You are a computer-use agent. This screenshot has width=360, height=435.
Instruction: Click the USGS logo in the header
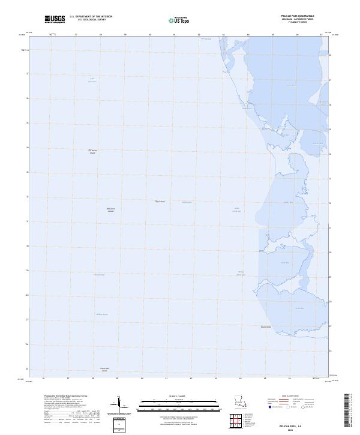[55, 19]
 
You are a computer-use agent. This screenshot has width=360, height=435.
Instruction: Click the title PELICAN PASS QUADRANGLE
[309, 16]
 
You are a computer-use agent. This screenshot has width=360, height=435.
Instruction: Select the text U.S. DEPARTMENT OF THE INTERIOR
[91, 17]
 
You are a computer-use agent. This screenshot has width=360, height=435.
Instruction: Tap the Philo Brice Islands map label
[110, 210]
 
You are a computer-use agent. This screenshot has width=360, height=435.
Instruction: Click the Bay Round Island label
[92, 152]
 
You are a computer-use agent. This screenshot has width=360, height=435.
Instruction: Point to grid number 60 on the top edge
[149, 35]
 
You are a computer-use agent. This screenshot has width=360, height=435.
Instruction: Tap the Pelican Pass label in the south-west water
[102, 314]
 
